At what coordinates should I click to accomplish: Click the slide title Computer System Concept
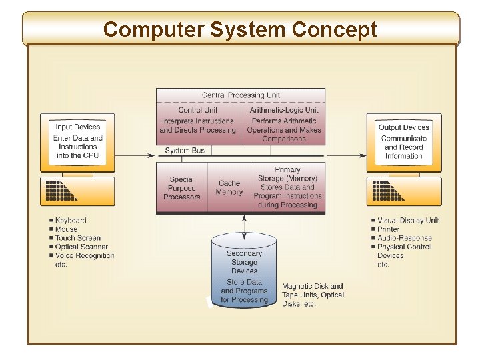tap(240, 30)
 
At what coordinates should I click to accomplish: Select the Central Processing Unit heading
tap(241, 95)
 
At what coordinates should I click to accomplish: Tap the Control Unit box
tap(198, 121)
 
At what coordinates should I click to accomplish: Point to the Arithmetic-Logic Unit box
tap(283, 125)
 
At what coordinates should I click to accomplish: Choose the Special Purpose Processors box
tap(181, 188)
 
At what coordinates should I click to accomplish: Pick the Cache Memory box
tap(229, 188)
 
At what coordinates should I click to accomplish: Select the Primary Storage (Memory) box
tap(287, 187)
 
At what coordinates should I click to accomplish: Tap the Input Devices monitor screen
tap(77, 141)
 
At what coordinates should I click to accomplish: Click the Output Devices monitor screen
tap(403, 141)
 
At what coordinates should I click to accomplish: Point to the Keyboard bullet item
tap(70, 221)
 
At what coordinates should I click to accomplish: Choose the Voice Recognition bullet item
tap(84, 255)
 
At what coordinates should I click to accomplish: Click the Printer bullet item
tap(388, 229)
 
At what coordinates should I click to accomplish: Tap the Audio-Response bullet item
tap(404, 238)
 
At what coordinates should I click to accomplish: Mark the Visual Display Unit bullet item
tap(407, 221)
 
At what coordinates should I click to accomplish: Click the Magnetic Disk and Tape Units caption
tap(313, 295)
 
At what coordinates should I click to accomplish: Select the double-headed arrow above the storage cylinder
tap(244, 224)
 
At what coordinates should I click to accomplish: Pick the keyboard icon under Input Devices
tap(77, 191)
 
